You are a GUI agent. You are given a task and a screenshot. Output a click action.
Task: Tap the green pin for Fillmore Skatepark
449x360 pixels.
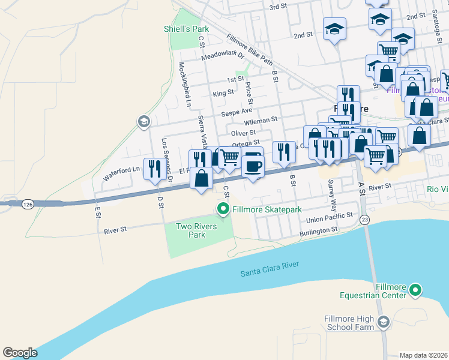pyautogui.click(x=223, y=209)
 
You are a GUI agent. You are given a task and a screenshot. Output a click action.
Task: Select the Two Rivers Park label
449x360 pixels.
pyautogui.click(x=190, y=230)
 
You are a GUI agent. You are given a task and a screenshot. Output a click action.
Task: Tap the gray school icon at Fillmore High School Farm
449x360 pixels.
pyautogui.click(x=382, y=323)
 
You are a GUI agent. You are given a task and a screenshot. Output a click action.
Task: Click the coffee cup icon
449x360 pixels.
pyautogui.click(x=253, y=165)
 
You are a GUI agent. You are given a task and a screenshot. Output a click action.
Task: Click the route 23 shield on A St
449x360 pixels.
pyautogui.click(x=364, y=220)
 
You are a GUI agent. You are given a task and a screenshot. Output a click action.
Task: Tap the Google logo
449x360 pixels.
pyautogui.click(x=20, y=352)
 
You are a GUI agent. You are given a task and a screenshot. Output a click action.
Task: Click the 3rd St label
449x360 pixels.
pyautogui.click(x=279, y=7)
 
